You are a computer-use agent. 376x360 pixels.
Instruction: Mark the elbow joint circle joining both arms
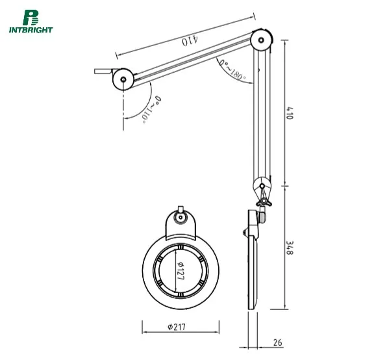coord(262,40)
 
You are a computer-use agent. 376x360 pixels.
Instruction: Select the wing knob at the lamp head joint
coord(263,203)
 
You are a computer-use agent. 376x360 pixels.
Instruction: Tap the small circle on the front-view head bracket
coord(181,218)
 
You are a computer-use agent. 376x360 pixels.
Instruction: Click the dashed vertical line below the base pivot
coord(123,110)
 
